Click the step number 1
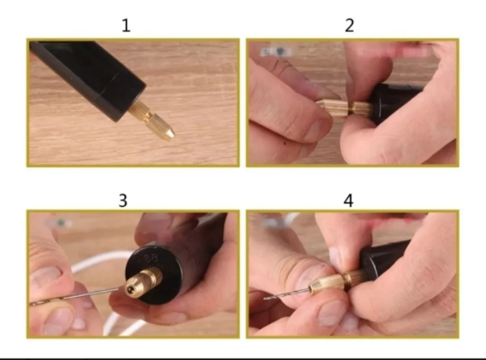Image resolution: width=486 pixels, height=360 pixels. pyautogui.click(x=126, y=25)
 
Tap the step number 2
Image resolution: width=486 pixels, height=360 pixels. pyautogui.click(x=349, y=25)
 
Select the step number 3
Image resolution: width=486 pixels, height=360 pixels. pyautogui.click(x=123, y=200)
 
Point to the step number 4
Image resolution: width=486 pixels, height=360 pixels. pyautogui.click(x=348, y=200)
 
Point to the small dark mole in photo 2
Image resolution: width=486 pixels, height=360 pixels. pyautogui.click(x=285, y=143)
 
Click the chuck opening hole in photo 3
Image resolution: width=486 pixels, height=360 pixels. pyautogui.click(x=130, y=289)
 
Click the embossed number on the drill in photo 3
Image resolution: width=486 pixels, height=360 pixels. pyautogui.click(x=151, y=259)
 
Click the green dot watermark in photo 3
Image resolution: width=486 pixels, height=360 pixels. pyautogui.click(x=61, y=222)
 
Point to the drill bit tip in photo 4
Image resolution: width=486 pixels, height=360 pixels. pyautogui.click(x=265, y=298)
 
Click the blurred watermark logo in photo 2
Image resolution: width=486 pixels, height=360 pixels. pyautogui.click(x=276, y=52)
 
